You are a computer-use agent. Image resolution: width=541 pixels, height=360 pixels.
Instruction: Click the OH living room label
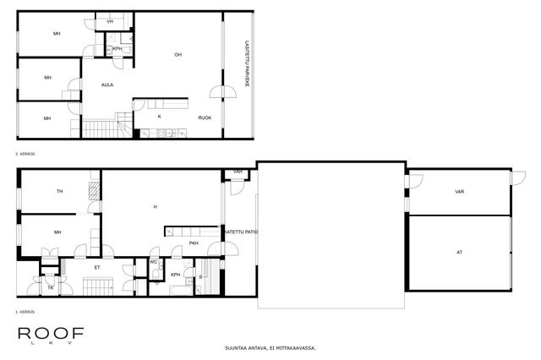178,54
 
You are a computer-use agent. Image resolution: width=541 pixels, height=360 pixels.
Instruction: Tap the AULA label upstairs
107,85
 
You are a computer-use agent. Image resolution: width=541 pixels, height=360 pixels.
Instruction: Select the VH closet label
110,22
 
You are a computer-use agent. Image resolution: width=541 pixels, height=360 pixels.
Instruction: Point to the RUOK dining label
205,118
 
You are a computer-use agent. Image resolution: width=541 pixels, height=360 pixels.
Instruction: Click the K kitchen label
160,117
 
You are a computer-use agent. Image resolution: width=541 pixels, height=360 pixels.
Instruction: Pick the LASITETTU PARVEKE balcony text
246,63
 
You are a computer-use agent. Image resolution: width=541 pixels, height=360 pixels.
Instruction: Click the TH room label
60,191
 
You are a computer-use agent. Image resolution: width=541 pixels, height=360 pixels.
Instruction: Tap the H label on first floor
156,207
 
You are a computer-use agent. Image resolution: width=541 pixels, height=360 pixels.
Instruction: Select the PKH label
194,243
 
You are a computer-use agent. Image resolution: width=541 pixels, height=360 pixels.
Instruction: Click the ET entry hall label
97,267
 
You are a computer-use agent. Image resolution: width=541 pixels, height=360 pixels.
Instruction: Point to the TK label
51,287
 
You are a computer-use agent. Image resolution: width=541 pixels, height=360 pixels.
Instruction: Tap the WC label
154,262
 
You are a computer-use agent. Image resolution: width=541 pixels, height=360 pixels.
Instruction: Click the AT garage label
459,253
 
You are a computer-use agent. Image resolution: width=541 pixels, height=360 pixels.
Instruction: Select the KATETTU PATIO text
241,232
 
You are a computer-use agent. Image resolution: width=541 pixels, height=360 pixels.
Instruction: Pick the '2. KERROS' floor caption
25,154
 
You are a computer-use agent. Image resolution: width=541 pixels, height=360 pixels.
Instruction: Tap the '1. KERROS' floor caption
25,312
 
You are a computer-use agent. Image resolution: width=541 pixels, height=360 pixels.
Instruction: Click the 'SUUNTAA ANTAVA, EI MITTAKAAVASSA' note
270,348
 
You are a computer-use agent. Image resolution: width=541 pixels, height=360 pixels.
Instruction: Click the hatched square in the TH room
94,191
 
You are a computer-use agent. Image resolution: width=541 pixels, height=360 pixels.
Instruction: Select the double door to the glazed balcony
223,92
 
